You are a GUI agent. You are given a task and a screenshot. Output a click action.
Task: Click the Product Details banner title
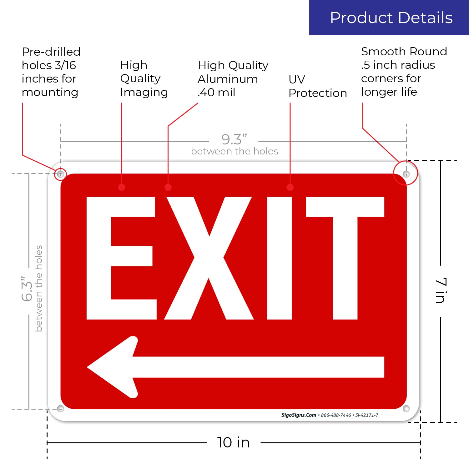point(391,18)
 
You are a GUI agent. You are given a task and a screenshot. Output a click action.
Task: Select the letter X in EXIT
point(209,258)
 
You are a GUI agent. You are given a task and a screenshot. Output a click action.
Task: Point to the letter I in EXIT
point(279,258)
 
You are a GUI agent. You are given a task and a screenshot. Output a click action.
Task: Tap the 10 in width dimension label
point(233,442)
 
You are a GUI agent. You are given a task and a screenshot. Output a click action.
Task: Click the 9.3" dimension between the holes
point(234,139)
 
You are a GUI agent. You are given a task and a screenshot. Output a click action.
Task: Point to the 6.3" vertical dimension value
point(27,289)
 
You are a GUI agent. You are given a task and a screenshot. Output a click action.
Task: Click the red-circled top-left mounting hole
point(61,174)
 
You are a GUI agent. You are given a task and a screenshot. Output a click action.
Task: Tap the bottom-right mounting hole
point(406,408)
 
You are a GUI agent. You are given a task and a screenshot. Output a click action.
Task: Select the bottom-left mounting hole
point(61,408)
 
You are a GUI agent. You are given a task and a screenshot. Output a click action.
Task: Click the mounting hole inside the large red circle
point(406,174)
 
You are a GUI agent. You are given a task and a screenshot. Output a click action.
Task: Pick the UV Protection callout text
point(317,86)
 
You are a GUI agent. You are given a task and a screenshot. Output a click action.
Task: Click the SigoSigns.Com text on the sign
point(299,415)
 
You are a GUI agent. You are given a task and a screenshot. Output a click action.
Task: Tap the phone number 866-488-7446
point(336,415)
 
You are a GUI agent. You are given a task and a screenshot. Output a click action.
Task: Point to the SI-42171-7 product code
point(367,415)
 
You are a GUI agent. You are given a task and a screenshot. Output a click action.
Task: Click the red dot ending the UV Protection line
point(290,187)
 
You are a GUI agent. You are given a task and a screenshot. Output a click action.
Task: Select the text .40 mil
point(216,93)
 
